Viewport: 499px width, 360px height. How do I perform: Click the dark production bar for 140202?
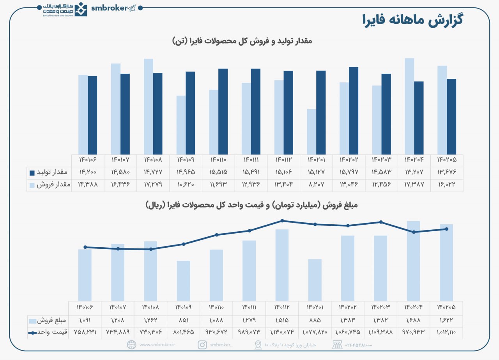tap(354, 111)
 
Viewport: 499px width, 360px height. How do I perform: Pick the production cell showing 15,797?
tap(349, 172)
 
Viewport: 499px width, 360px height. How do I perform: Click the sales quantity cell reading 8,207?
tap(316, 185)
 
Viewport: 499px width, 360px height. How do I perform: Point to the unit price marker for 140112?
tap(282, 221)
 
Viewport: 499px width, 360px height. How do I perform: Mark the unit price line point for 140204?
tap(413, 232)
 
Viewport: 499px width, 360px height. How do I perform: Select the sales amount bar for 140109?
tap(183, 280)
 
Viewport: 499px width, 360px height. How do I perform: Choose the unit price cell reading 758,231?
tap(85, 332)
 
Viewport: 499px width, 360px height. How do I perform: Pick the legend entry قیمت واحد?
tap(54, 332)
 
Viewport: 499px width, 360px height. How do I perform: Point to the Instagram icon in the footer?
tap(202, 345)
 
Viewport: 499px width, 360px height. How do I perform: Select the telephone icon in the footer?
tap(337, 345)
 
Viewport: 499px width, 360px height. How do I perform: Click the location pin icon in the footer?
tap(258, 345)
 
